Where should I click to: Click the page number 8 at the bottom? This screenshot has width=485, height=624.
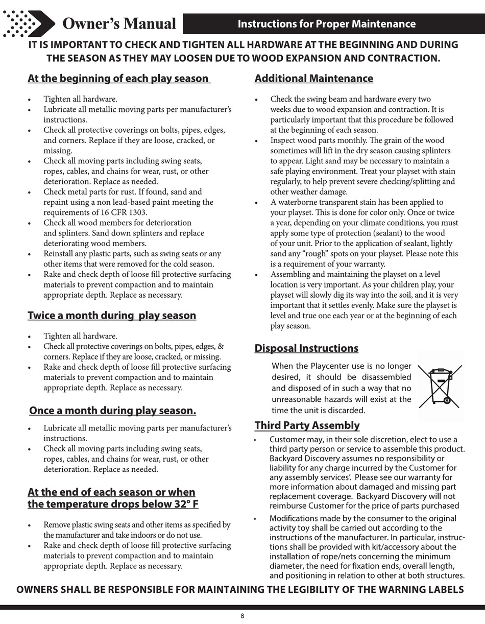(x=242, y=616)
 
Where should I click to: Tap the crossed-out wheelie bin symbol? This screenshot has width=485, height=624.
(x=440, y=386)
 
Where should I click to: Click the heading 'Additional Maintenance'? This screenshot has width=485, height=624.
(x=313, y=79)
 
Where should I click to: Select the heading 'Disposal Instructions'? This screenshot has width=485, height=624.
(x=306, y=348)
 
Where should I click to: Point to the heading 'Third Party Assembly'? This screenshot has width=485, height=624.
(x=307, y=425)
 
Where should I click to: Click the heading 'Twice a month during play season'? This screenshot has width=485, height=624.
(x=112, y=316)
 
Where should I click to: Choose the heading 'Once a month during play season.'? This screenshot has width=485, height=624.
(x=112, y=411)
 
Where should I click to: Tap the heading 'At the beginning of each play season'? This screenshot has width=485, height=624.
(x=118, y=79)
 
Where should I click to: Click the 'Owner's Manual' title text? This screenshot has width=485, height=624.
(x=119, y=23)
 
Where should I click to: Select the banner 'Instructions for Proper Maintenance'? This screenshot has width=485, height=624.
(x=327, y=23)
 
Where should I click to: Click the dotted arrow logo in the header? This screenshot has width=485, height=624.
(x=26, y=23)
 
